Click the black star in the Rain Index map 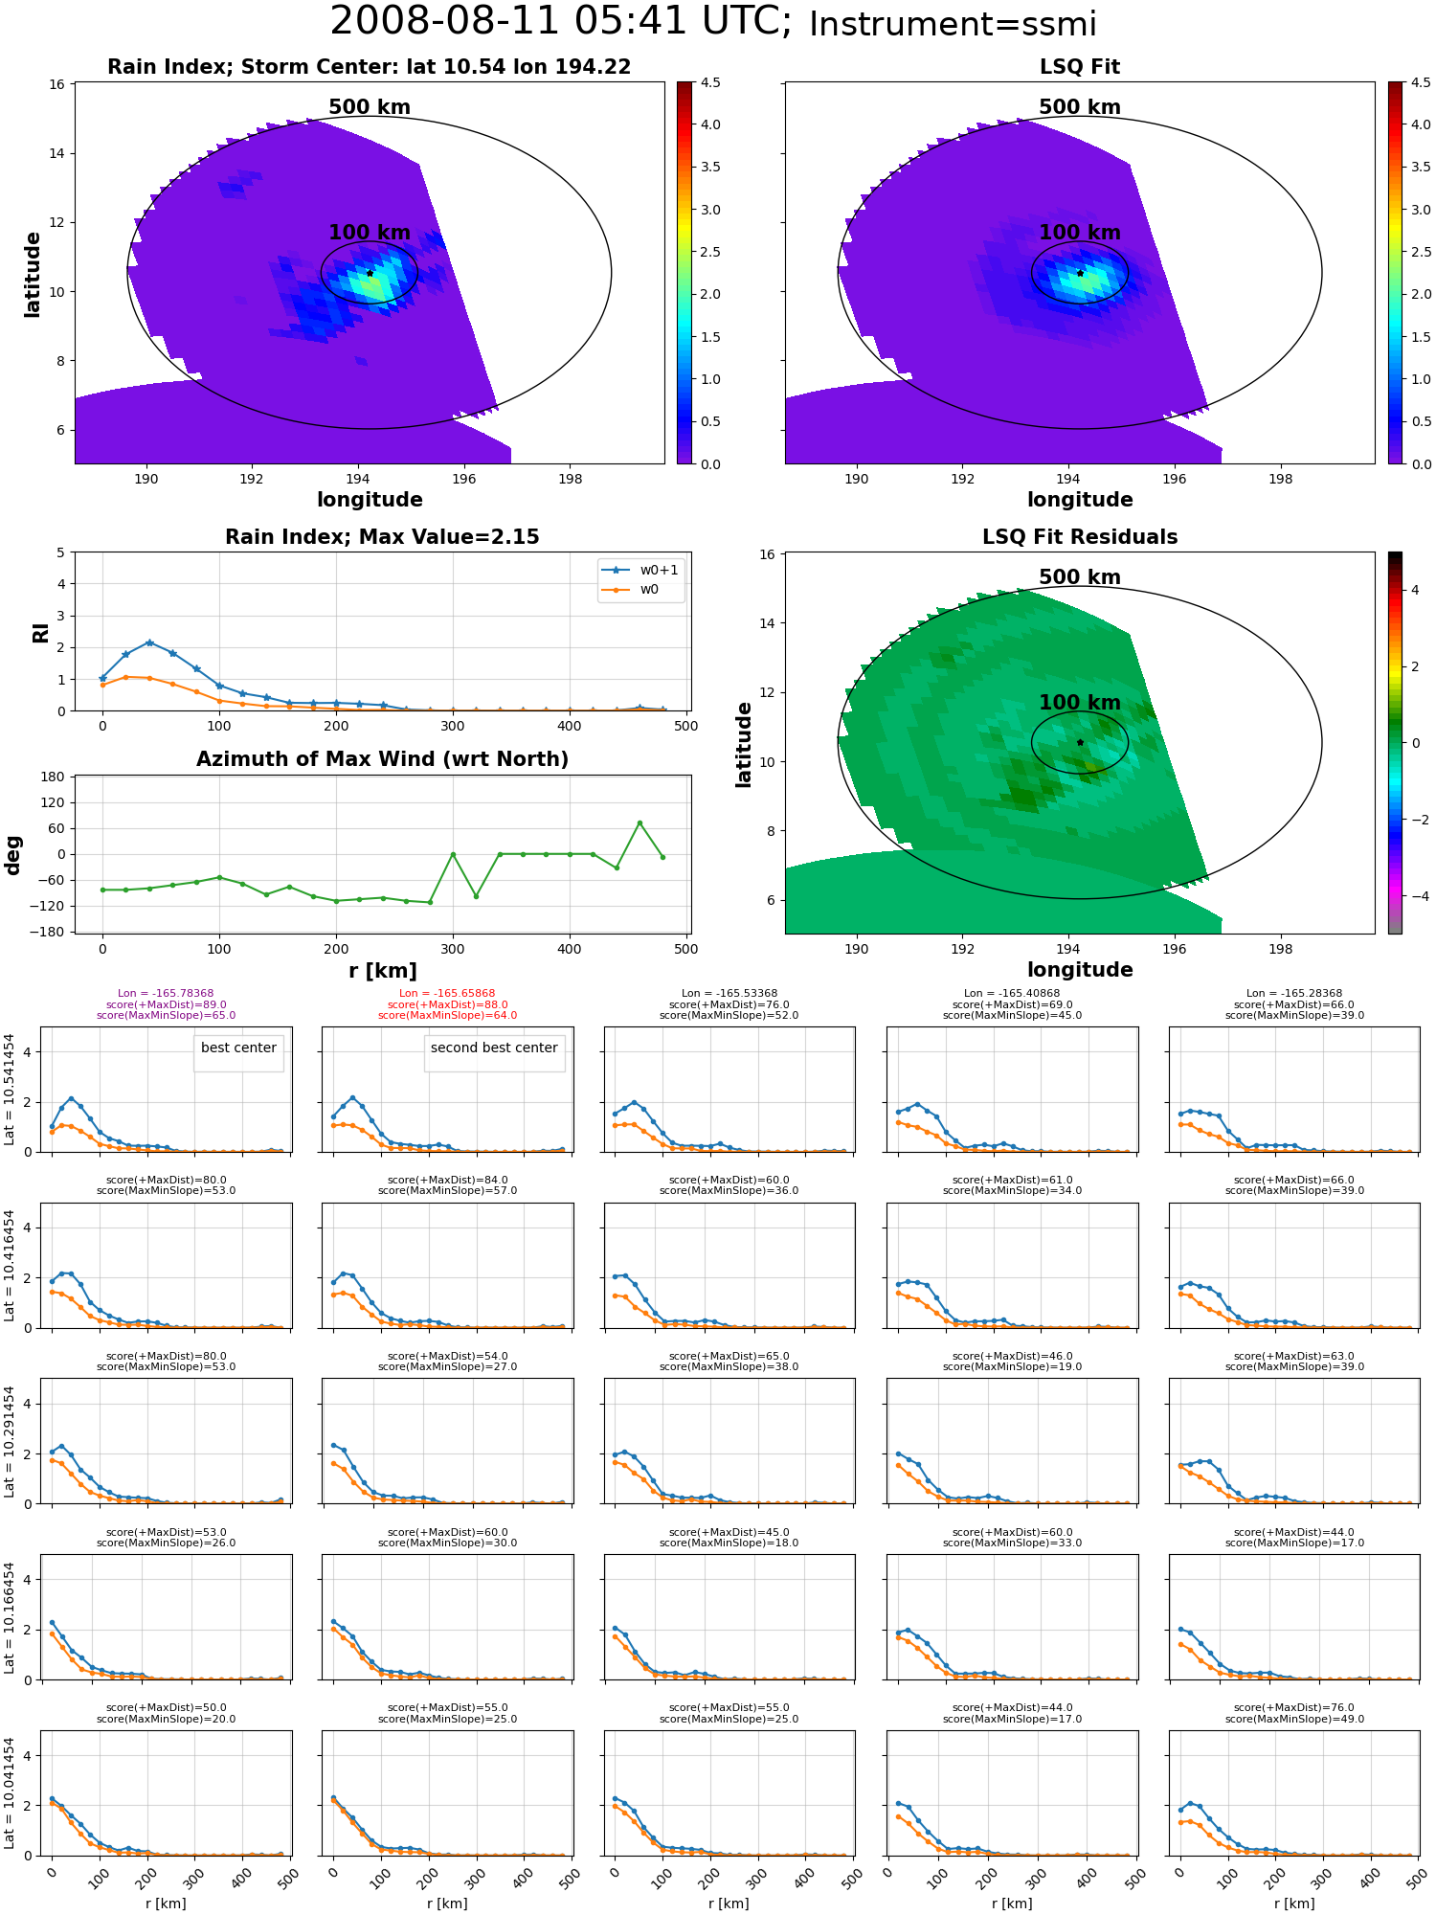pyautogui.click(x=370, y=273)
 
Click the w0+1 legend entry pyautogui.click(x=640, y=571)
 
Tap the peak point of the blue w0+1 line pyautogui.click(x=149, y=642)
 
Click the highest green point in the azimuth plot pyautogui.click(x=639, y=822)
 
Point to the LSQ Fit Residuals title pyautogui.click(x=1080, y=537)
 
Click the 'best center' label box pyautogui.click(x=238, y=1048)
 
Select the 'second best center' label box pyautogui.click(x=494, y=1048)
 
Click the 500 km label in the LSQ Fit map pyautogui.click(x=1080, y=107)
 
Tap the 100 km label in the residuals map pyautogui.click(x=1080, y=703)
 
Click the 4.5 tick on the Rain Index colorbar pyautogui.click(x=710, y=82)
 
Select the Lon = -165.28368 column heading pyautogui.click(x=1294, y=994)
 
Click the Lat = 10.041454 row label pyautogui.click(x=10, y=1793)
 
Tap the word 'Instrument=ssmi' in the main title pyautogui.click(x=953, y=25)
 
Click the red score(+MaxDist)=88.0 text pyautogui.click(x=448, y=1004)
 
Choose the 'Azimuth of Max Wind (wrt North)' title pyautogui.click(x=383, y=759)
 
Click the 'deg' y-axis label pyautogui.click(x=13, y=855)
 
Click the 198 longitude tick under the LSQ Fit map pyautogui.click(x=1280, y=480)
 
